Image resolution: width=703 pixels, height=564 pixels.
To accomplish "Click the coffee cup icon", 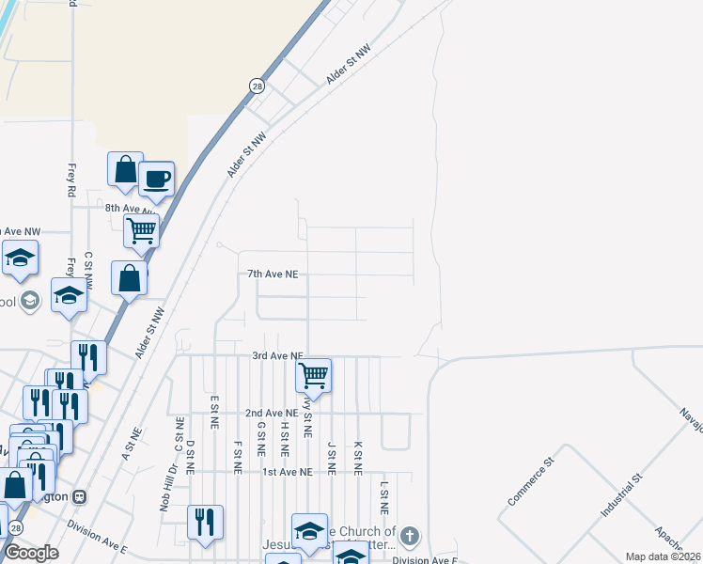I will (x=156, y=178).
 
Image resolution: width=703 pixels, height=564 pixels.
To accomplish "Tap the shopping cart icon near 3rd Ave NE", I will (x=313, y=375).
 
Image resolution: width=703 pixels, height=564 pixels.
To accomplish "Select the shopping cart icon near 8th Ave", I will (x=141, y=229).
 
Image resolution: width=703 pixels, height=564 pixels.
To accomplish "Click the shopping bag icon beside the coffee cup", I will (x=125, y=170).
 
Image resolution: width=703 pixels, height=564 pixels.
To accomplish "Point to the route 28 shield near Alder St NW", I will (x=257, y=86).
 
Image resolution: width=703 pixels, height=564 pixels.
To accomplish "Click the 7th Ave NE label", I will (x=273, y=274).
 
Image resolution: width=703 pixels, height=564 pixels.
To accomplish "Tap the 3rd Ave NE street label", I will (x=277, y=356).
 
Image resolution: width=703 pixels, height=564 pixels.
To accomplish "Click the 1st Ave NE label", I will (x=287, y=472).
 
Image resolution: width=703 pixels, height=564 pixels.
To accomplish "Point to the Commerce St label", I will (x=532, y=483).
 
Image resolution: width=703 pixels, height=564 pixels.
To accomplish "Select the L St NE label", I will (x=383, y=498).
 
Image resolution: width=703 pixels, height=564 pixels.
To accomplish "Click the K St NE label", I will (x=357, y=457).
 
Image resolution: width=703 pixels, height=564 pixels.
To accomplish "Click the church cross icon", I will (x=408, y=536).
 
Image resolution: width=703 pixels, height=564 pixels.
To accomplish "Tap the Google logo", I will (x=31, y=553).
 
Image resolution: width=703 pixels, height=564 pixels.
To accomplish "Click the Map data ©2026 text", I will (x=663, y=556).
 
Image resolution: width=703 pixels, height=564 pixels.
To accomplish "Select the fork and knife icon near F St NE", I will (x=205, y=522).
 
